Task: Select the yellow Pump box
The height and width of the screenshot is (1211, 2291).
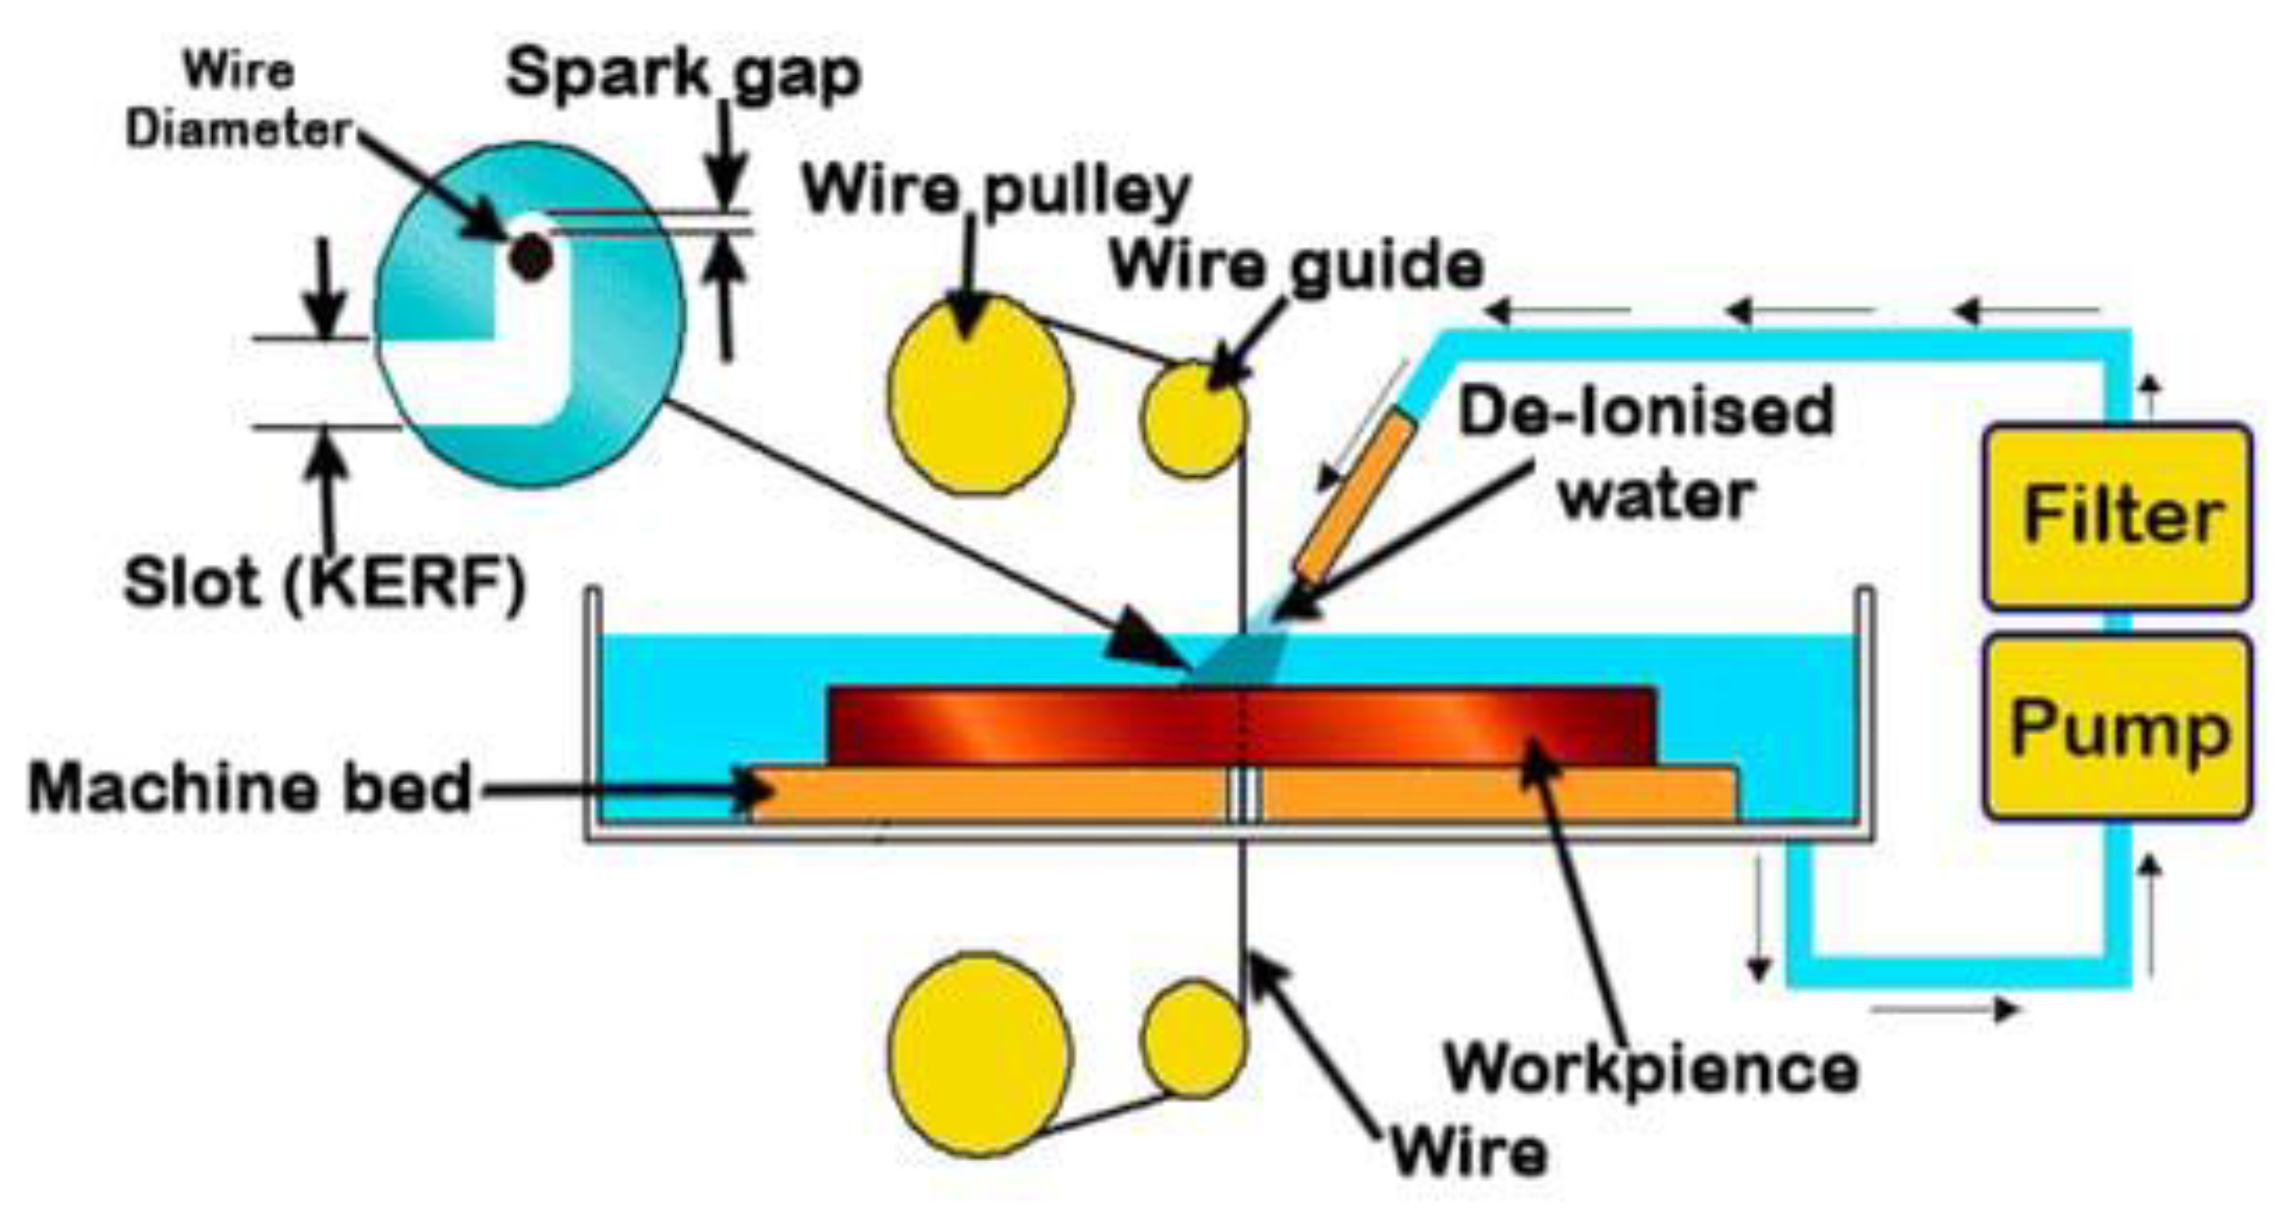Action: point(2117,727)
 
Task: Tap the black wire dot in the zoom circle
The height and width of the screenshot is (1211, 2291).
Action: point(531,258)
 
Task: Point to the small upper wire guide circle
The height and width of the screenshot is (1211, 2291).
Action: point(1192,418)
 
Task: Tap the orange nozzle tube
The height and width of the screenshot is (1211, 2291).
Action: point(1354,499)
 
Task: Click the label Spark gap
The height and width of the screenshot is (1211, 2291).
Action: point(683,73)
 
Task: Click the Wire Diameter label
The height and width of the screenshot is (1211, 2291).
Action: point(238,100)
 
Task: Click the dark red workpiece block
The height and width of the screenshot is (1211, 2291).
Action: point(1023,725)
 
